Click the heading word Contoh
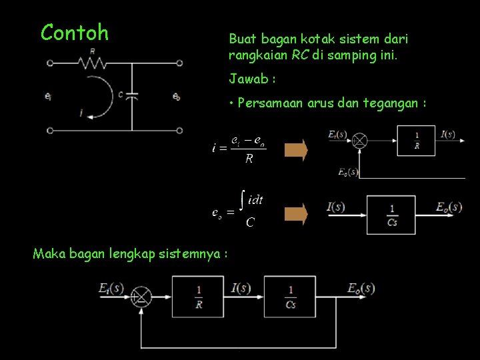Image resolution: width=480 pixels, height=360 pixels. coord(74,32)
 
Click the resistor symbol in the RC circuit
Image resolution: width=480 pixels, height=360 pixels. coord(92,63)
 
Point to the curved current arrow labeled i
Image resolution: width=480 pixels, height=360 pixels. coord(99,97)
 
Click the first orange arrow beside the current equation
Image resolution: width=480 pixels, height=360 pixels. coord(296,149)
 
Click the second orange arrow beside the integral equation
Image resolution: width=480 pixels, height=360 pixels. coord(296,213)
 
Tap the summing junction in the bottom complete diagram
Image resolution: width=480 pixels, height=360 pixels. coord(141,297)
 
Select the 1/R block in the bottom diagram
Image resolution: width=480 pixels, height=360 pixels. coord(199,297)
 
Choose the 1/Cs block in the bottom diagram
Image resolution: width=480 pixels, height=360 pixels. coord(291,297)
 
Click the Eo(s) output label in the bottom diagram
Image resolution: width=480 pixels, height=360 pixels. coord(361,288)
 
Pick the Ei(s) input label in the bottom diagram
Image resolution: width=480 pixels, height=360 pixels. coord(110,288)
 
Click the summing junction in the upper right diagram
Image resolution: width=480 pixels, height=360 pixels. coord(359,140)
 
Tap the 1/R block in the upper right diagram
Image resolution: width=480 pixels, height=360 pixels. coord(416,140)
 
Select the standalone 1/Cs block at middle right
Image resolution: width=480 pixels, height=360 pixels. coord(392,215)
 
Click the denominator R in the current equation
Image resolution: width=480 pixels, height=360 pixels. coord(249,159)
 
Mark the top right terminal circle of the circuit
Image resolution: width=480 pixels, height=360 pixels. coord(180,63)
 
